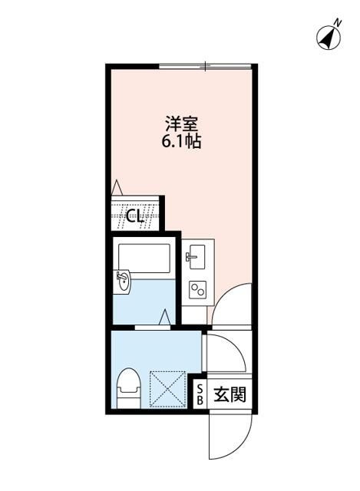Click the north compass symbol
coord(328,36)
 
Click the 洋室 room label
coord(181,124)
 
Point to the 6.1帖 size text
coord(181,142)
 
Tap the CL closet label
coord(136,216)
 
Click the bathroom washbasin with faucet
coord(124,282)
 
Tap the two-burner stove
coord(197,289)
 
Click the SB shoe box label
coord(200,394)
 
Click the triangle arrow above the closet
coord(117,186)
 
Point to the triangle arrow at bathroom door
coord(166,316)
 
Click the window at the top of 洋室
coord(205,68)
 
